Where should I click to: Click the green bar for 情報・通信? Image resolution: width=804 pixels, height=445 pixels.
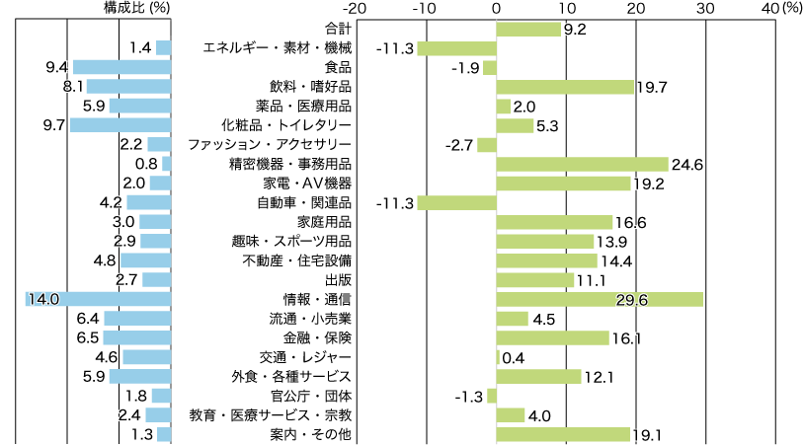[x=600, y=299]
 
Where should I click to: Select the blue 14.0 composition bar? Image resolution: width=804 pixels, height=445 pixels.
[x=99, y=299]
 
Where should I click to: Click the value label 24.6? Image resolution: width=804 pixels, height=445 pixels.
[x=685, y=164]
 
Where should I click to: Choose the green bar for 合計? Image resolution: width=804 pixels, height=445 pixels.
[x=527, y=29]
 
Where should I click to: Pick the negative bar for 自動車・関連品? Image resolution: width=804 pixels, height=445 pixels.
[x=456, y=202]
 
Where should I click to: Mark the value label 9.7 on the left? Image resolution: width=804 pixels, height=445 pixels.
[x=54, y=125]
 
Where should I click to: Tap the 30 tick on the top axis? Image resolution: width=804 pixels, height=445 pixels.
[x=704, y=8]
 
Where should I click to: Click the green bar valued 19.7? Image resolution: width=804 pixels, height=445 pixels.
[x=564, y=87]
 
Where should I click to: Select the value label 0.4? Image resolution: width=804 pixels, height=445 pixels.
[x=514, y=357]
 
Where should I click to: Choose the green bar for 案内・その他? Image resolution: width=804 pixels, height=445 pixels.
[x=562, y=434]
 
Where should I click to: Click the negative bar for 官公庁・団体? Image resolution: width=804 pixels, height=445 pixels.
[x=491, y=396]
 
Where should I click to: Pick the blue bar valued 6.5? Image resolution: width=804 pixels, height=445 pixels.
[x=137, y=337]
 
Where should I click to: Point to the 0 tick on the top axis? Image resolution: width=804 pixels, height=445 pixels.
[x=496, y=8]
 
